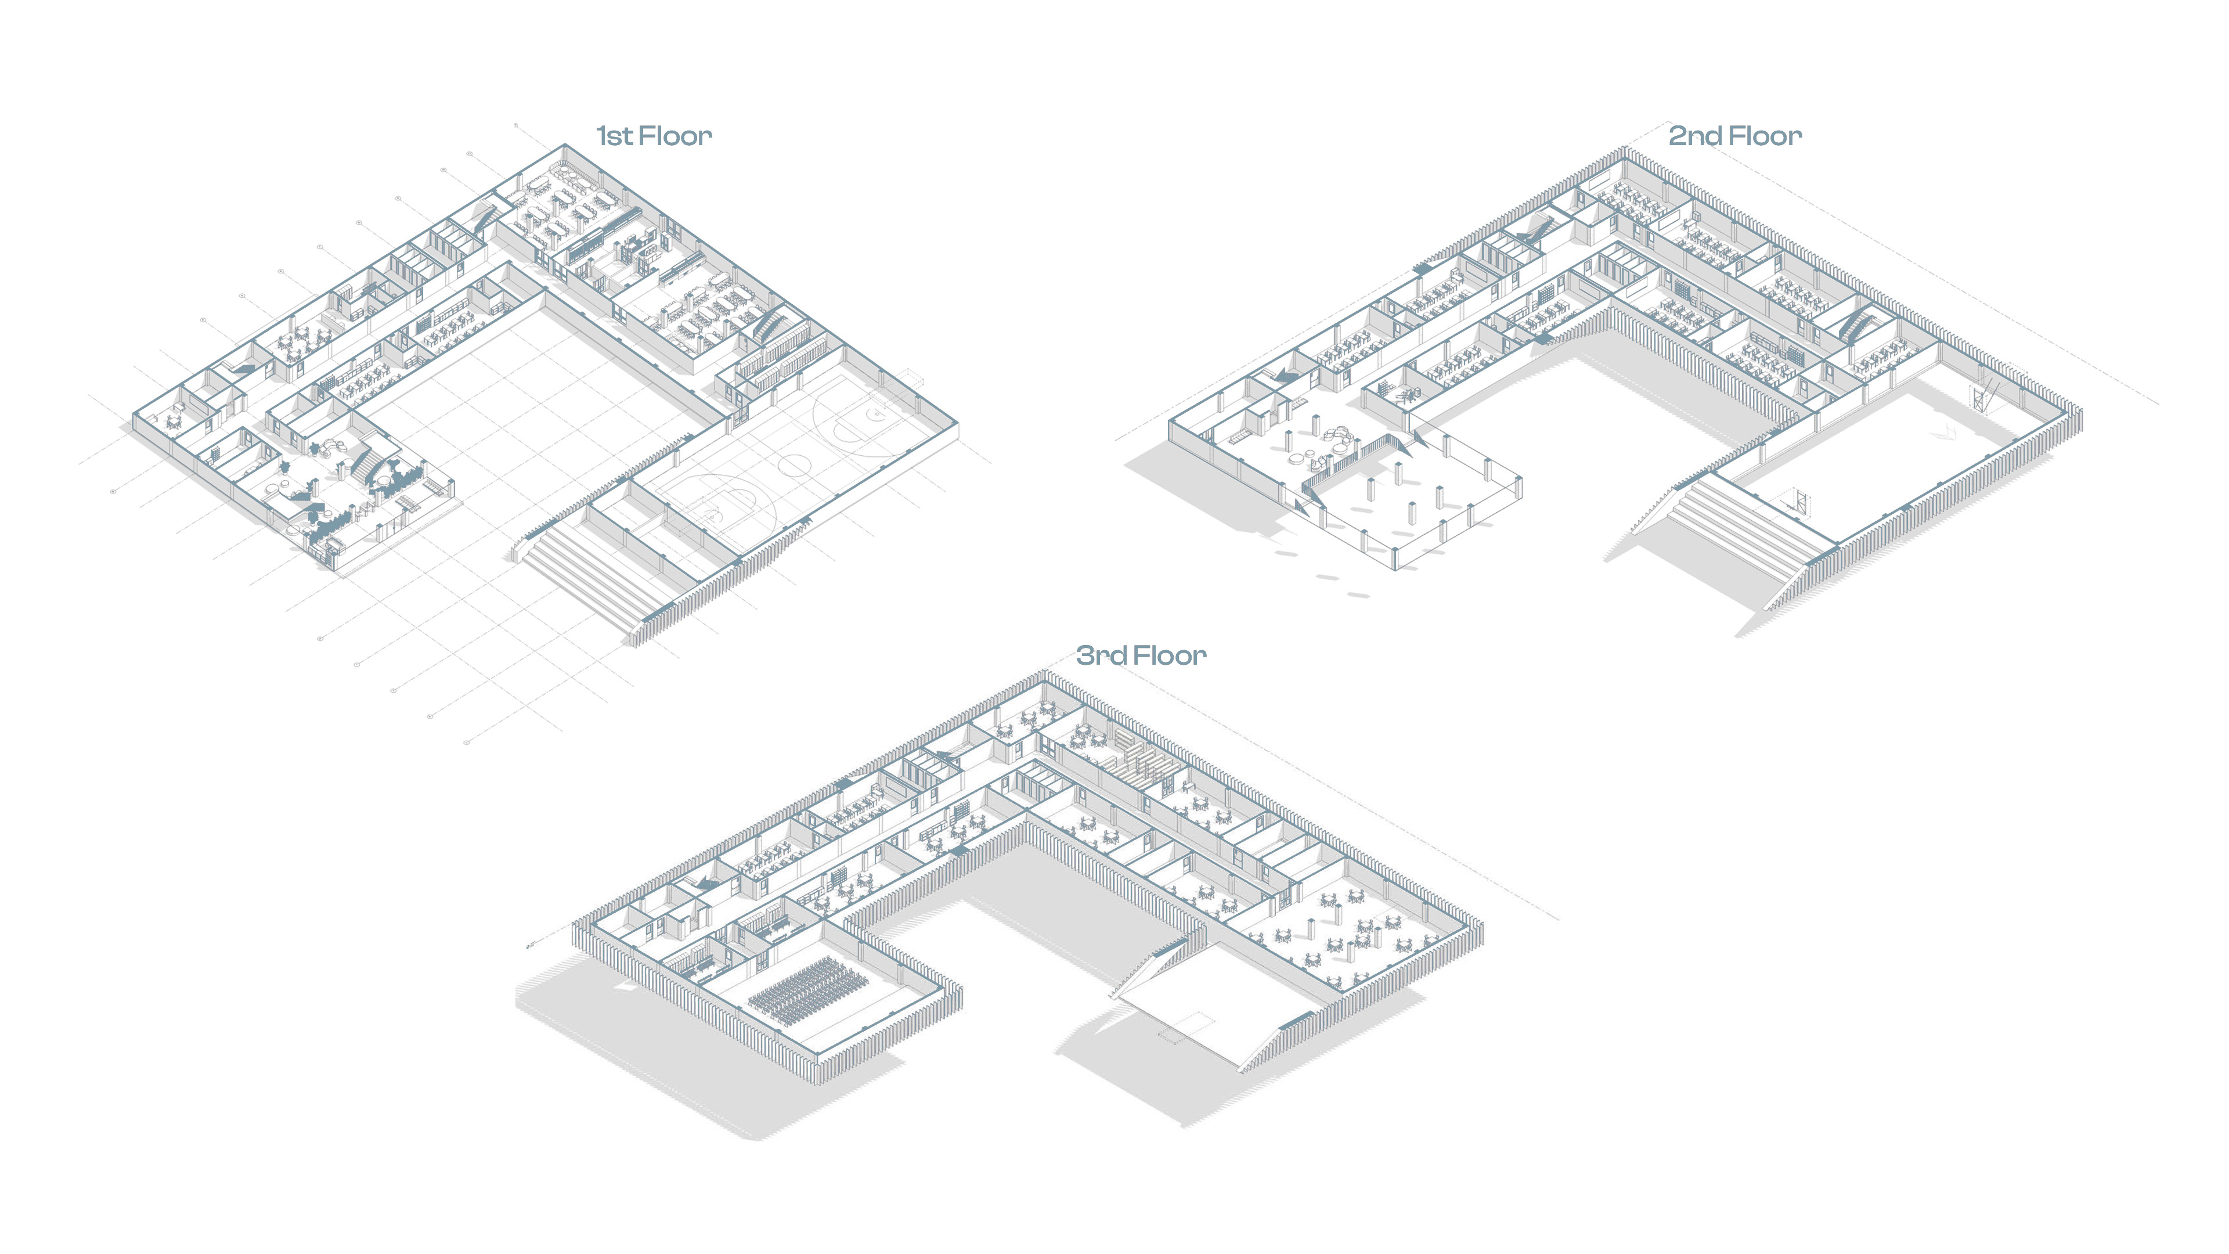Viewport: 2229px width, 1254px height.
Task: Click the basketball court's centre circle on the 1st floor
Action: pos(794,464)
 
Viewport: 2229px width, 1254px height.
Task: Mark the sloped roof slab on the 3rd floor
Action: pos(1211,1012)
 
